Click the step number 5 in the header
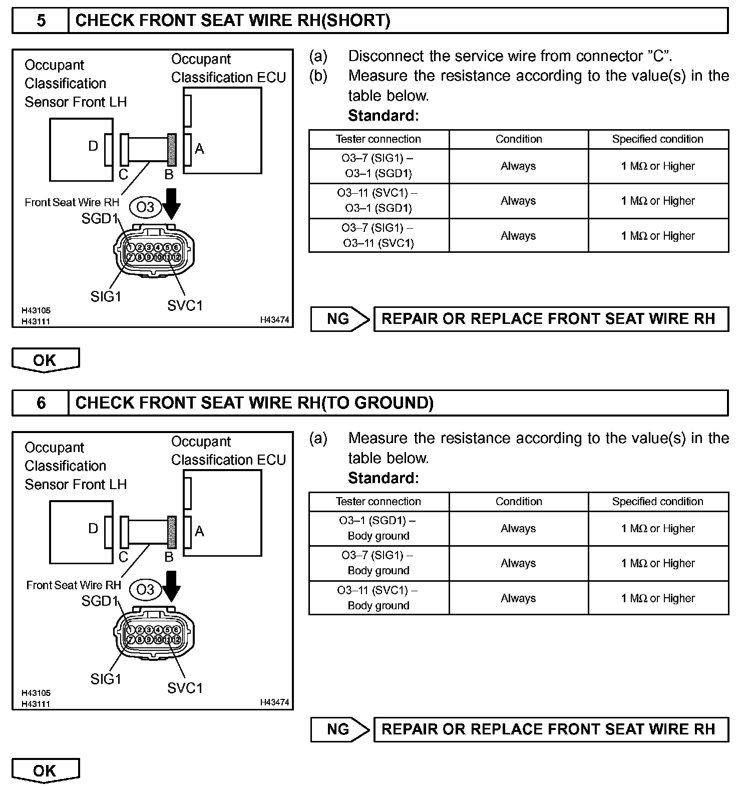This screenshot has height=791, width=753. click(41, 21)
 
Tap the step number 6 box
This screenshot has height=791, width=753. click(41, 403)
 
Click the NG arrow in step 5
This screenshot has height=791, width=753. click(340, 319)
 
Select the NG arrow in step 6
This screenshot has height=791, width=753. click(340, 729)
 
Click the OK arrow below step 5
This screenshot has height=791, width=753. click(45, 360)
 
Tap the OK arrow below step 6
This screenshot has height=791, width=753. click(45, 770)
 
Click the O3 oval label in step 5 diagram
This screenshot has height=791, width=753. click(145, 207)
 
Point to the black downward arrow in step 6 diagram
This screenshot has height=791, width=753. click(172, 587)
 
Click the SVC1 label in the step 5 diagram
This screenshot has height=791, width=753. click(185, 305)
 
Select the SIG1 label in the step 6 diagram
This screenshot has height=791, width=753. click(106, 679)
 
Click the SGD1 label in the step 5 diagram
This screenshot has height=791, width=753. click(100, 219)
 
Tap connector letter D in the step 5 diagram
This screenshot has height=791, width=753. click(93, 146)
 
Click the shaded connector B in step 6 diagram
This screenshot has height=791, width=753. click(172, 532)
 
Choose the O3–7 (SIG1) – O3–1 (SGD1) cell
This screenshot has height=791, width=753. click(379, 166)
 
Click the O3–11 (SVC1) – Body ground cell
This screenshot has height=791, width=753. click(379, 598)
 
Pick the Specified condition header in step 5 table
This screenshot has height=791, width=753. click(657, 139)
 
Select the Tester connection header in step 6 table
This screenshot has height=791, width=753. click(379, 502)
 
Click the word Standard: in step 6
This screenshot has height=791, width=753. click(383, 478)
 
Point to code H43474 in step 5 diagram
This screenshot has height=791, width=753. click(274, 320)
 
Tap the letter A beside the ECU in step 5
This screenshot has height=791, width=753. click(199, 149)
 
